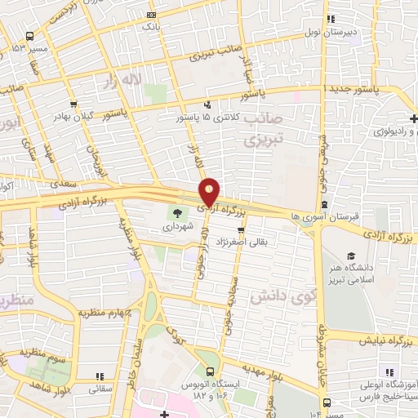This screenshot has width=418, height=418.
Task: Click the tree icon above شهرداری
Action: coord(177,216)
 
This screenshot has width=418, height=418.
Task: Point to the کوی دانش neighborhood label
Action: coord(276,292)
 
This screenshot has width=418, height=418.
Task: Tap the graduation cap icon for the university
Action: coord(351,256)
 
